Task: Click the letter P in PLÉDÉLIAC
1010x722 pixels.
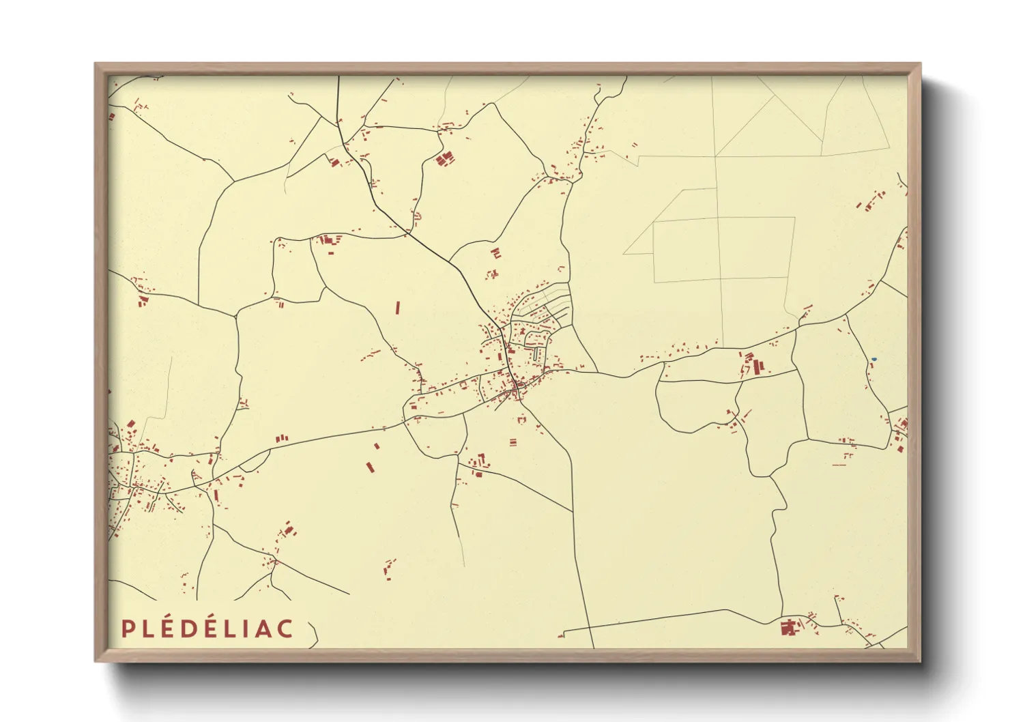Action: (x=128, y=629)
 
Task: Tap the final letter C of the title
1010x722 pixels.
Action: (x=285, y=629)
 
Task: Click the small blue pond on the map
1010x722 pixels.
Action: (x=874, y=359)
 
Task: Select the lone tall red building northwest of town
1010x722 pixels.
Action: (x=397, y=308)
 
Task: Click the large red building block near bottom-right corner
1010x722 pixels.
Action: (x=789, y=628)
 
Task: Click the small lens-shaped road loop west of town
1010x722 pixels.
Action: (x=254, y=462)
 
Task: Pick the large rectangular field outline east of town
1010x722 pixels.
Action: (x=723, y=249)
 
